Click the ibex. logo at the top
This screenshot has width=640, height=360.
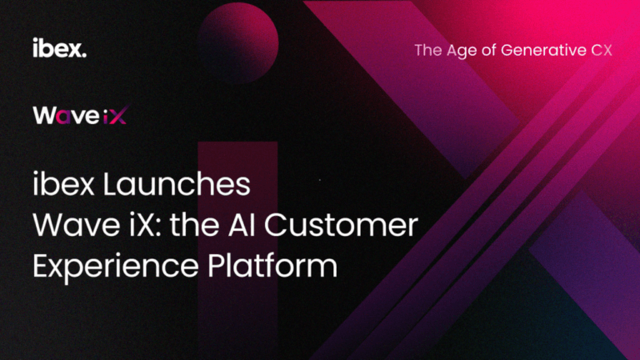click(x=60, y=47)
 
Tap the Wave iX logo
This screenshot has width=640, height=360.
click(x=80, y=115)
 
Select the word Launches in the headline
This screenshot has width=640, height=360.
click(x=177, y=184)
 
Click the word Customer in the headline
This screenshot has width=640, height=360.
click(x=341, y=225)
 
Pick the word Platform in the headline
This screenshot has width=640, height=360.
click(x=272, y=265)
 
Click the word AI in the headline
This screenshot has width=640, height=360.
click(x=242, y=225)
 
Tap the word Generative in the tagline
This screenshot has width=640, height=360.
click(x=542, y=51)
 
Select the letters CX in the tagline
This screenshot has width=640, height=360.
click(x=602, y=50)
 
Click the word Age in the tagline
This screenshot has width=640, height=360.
click(x=461, y=51)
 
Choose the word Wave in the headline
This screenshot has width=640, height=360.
click(x=77, y=225)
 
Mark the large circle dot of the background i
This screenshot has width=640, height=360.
click(x=238, y=43)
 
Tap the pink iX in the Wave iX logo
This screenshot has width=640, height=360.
click(x=115, y=115)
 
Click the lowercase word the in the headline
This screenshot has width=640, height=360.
click(x=195, y=225)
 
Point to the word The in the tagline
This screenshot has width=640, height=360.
click(x=428, y=50)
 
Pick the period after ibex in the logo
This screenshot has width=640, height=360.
click(x=84, y=55)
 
